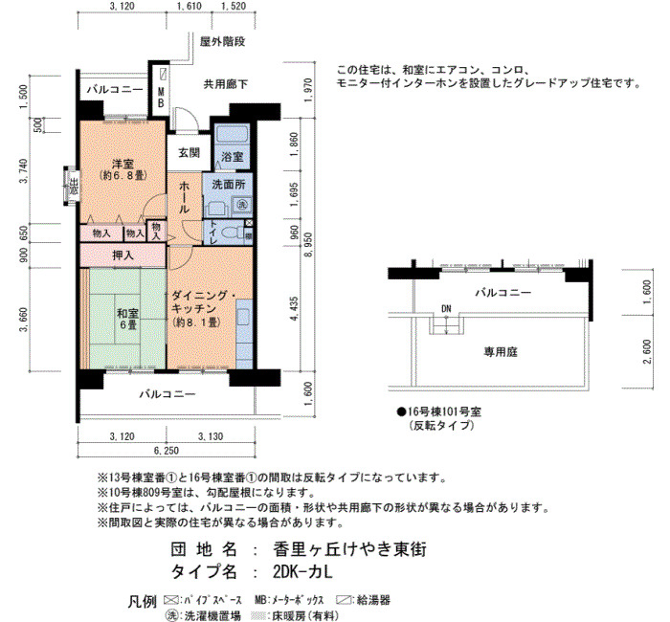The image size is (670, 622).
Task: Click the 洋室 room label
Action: [123, 164]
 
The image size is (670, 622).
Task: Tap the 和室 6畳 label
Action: [127, 320]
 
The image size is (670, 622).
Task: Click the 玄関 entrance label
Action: [189, 152]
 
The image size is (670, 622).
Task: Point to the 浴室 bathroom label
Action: [233, 157]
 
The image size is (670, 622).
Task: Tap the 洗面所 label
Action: [229, 185]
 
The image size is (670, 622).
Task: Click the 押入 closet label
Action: [123, 255]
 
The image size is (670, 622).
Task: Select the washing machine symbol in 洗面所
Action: [242, 205]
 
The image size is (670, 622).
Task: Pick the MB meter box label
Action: [161, 98]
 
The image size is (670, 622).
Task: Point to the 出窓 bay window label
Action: [74, 187]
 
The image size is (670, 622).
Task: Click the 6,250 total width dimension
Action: [167, 451]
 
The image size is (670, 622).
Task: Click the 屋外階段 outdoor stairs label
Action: [223, 41]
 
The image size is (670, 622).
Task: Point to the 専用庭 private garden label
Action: [501, 352]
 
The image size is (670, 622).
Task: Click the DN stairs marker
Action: [446, 308]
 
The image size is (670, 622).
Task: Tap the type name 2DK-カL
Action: [302, 571]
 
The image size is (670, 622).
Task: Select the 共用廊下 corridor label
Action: [226, 84]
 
